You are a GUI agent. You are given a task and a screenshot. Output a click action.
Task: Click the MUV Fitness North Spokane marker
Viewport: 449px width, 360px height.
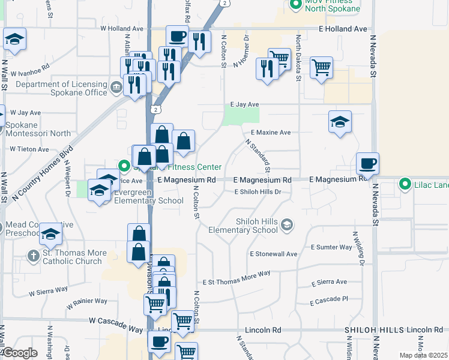tap(295, 5)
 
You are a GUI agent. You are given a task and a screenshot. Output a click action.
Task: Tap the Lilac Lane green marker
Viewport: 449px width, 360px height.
tap(405, 184)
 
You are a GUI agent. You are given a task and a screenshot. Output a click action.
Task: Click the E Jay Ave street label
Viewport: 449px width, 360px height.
tap(244, 104)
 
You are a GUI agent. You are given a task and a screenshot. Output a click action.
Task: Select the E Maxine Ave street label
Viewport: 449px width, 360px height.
tap(270, 132)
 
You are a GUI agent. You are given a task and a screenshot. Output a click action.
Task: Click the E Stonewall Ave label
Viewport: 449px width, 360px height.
tap(274, 254)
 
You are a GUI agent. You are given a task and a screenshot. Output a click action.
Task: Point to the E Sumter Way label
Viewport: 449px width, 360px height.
tap(331, 247)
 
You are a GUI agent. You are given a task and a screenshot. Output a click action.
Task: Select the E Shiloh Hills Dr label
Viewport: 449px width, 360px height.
tap(262, 191)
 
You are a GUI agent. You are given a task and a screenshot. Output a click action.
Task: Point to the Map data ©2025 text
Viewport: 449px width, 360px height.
tap(423, 355)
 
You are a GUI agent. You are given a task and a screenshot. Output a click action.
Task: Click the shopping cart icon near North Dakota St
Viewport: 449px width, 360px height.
tap(321, 67)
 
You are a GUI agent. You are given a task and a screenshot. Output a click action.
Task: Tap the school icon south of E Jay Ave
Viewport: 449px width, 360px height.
tap(340, 122)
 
